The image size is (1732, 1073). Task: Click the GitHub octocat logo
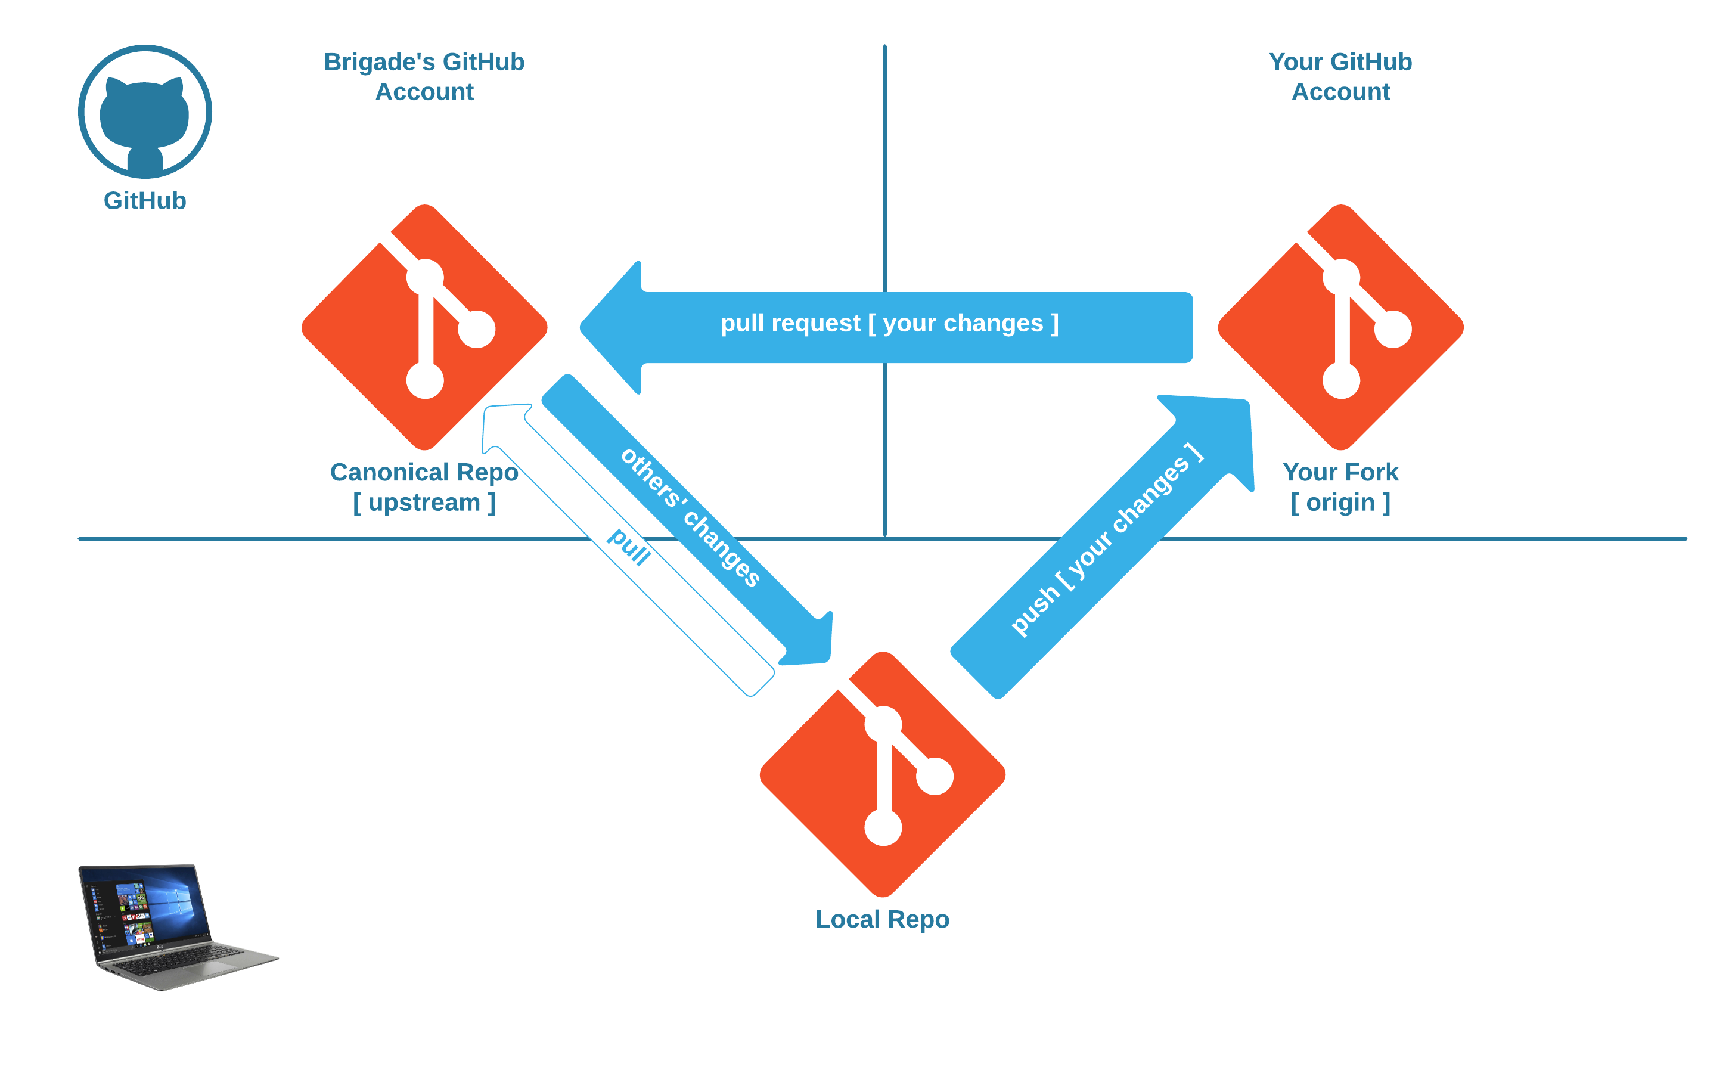pos(145,111)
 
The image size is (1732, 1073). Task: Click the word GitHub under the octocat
pos(145,201)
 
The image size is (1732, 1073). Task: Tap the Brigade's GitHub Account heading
pos(424,77)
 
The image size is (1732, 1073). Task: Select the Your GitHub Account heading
pos(1340,77)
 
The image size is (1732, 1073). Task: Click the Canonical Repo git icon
pos(424,328)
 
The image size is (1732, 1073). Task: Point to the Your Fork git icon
pos(1340,328)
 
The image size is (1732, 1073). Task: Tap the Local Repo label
pos(882,920)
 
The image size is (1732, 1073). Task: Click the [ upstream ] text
pos(424,503)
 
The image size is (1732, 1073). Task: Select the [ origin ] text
pos(1340,503)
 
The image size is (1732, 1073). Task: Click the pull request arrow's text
pos(889,324)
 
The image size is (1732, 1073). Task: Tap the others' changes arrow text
pos(690,517)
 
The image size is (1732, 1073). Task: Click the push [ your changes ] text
pos(1107,539)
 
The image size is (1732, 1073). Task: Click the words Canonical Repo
pos(424,473)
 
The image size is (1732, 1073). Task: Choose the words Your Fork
pos(1340,473)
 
